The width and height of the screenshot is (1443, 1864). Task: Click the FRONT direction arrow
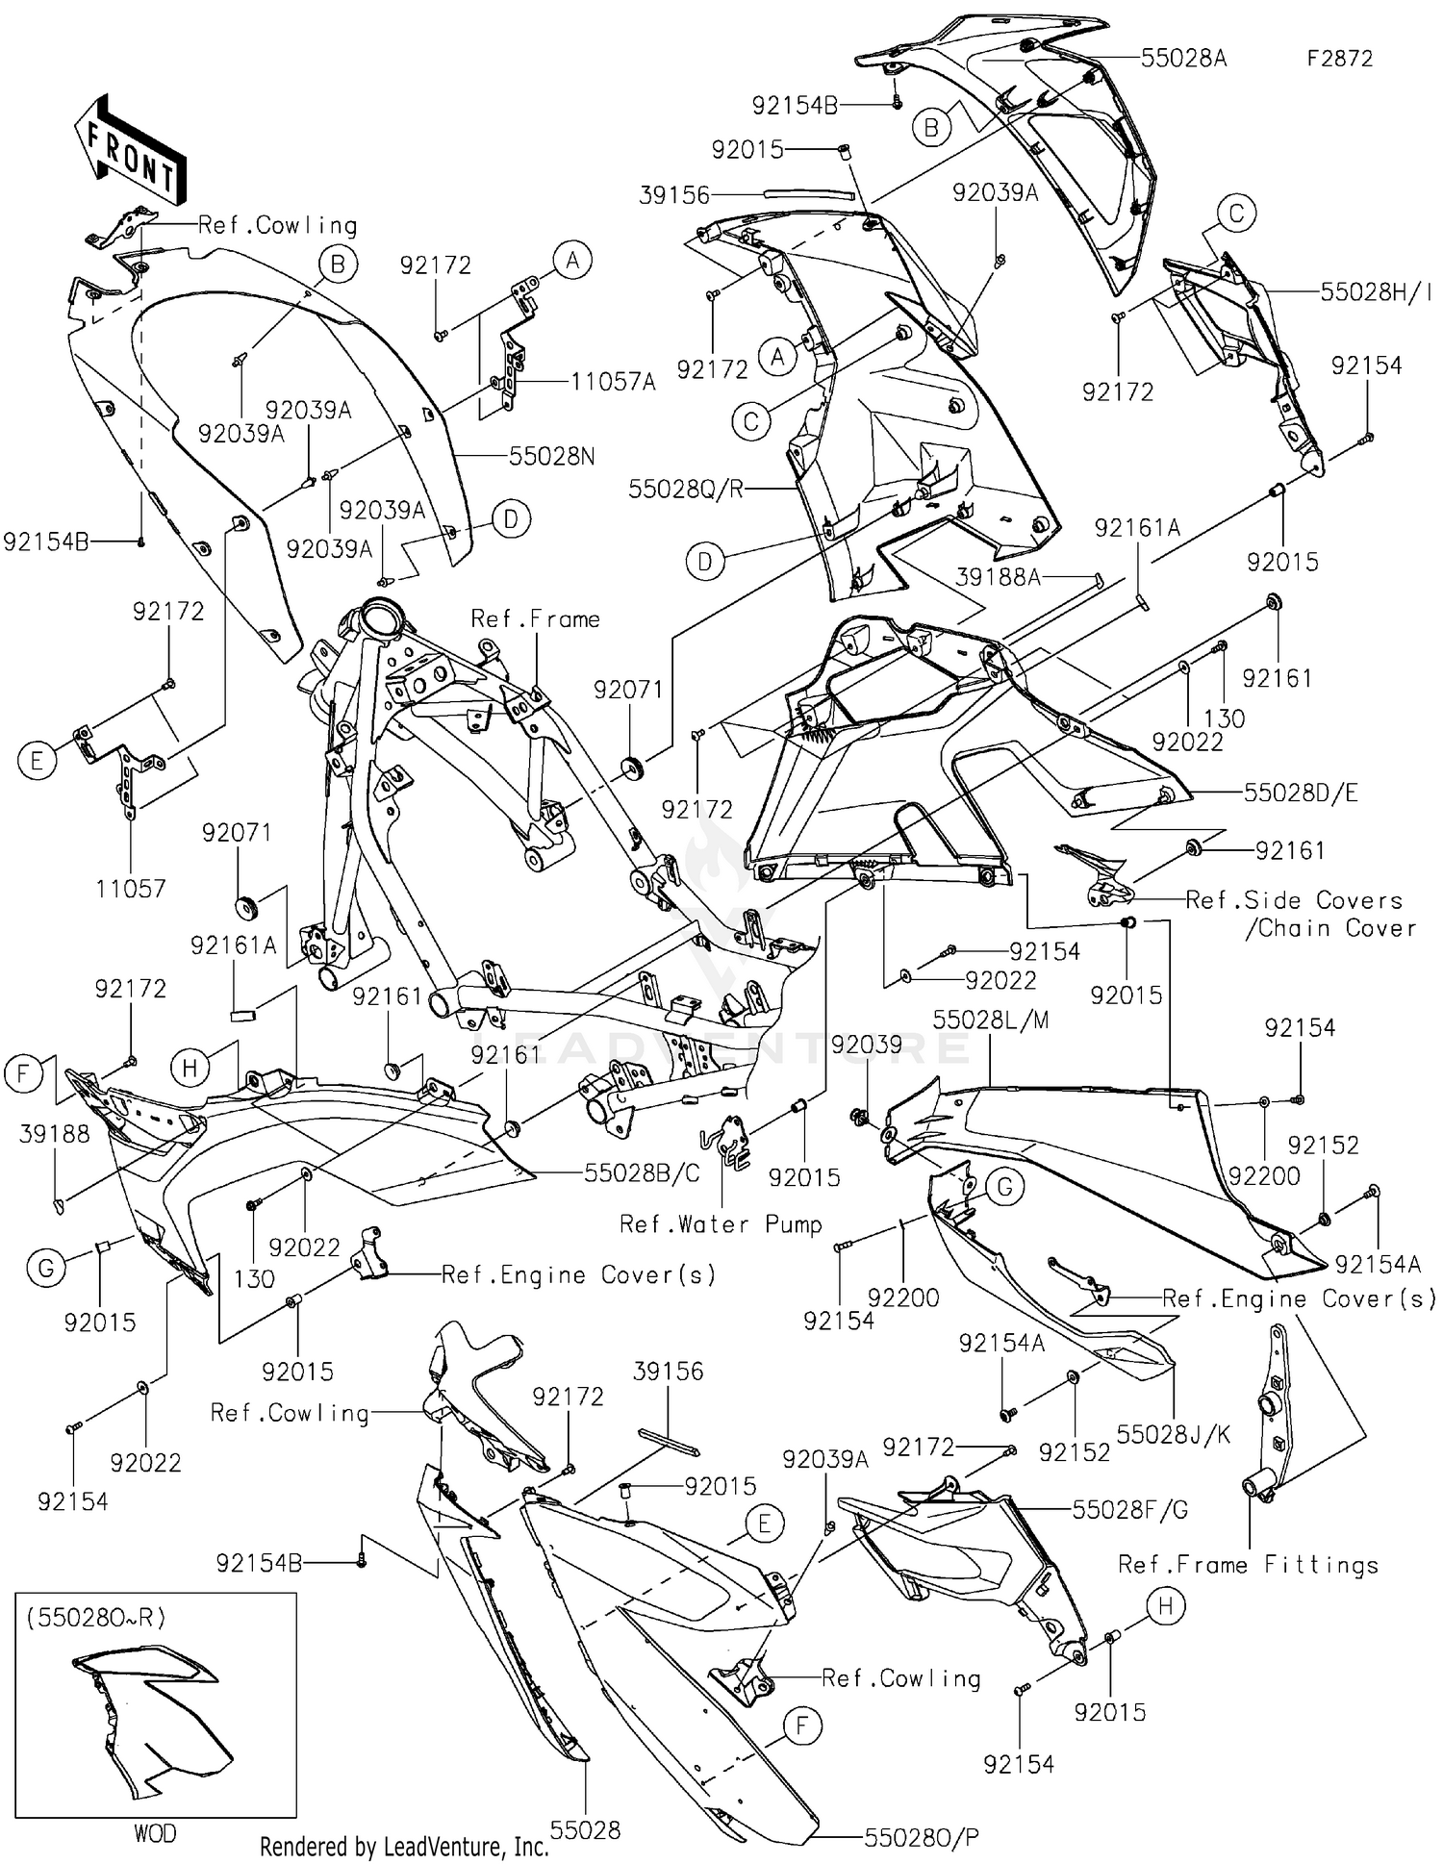pos(131,151)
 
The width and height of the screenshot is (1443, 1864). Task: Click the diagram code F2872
pos(1339,59)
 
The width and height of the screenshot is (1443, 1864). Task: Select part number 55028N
pos(551,456)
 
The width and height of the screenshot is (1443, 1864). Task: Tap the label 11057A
pos(613,383)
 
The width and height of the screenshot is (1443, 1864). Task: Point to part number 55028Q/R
pos(685,490)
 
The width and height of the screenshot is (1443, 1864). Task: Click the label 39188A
pos(999,577)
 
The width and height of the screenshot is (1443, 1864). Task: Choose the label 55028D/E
pos(1301,793)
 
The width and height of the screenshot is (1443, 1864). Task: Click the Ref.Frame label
pos(535,619)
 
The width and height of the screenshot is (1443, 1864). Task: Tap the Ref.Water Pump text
pos(721,1224)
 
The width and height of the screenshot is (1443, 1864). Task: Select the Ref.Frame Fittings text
pos(1248,1565)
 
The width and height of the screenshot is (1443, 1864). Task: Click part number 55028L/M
pos(991,1020)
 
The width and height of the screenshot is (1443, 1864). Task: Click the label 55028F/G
pos(1130,1510)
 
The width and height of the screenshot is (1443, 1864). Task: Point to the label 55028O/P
pos(922,1838)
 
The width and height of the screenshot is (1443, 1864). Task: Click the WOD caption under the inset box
pos(155,1833)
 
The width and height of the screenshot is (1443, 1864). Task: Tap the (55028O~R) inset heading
pos(95,1618)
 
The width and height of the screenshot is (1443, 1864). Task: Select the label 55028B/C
pos(642,1173)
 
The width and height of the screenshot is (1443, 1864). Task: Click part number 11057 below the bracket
pos(131,889)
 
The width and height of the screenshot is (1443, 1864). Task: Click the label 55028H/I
pos(1376,292)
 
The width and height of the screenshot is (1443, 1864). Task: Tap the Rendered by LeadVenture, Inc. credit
pos(404,1846)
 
